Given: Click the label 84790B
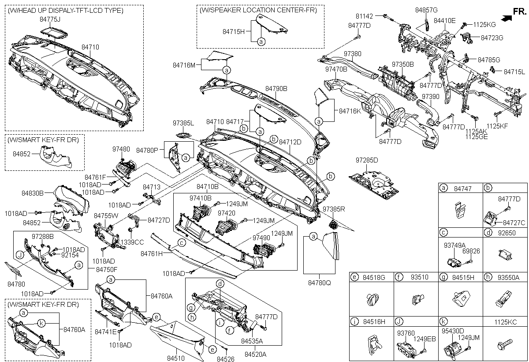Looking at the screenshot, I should [x=276, y=89].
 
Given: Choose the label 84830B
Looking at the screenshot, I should [x=33, y=193].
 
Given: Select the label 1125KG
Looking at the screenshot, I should [x=484, y=25].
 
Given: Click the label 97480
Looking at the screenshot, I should [x=121, y=149].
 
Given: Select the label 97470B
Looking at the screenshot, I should [x=336, y=69].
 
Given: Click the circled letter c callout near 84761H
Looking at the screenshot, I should [x=181, y=243].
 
